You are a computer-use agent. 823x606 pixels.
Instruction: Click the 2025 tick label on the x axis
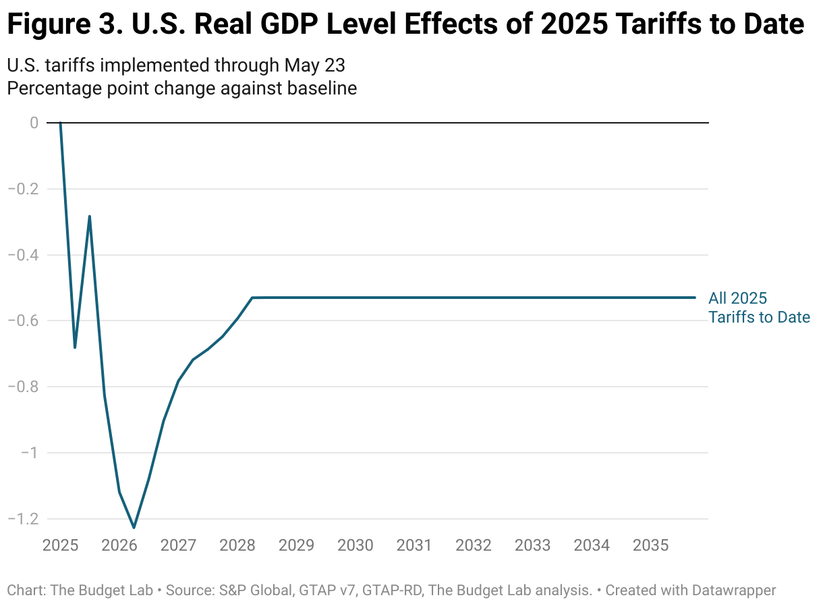tap(61, 545)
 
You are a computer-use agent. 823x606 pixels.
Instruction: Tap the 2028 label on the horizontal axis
tap(237, 545)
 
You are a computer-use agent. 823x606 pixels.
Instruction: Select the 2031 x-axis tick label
tap(414, 545)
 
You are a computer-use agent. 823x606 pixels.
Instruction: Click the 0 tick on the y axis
tap(33, 123)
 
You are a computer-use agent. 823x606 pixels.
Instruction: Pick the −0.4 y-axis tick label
tap(23, 255)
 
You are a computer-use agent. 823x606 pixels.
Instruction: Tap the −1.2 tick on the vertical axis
tap(23, 519)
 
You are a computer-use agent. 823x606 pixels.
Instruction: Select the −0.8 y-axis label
tap(23, 387)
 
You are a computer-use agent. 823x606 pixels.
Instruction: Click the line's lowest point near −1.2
tap(134, 527)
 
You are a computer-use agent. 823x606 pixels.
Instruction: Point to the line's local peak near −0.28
tap(90, 217)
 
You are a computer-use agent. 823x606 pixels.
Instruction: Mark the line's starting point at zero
tap(61, 123)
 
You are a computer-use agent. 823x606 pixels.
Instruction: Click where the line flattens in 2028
tap(252, 298)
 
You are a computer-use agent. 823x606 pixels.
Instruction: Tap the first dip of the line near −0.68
tap(75, 348)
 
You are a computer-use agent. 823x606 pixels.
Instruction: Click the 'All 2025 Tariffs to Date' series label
tap(758, 308)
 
